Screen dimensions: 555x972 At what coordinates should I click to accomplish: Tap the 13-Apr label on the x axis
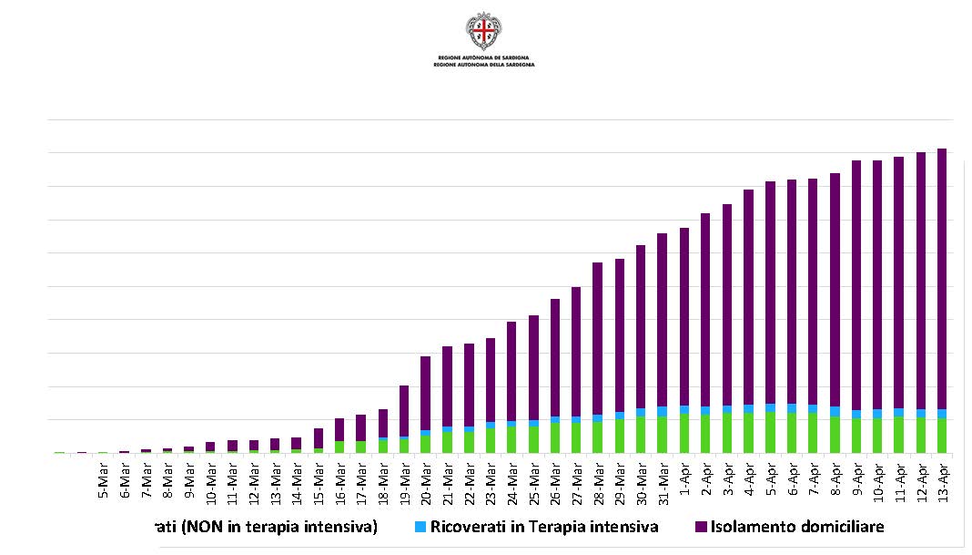942,478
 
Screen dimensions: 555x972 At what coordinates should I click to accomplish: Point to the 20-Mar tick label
425,478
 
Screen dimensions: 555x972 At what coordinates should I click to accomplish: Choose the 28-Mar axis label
598,478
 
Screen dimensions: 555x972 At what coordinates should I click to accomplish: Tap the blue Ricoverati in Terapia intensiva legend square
420,527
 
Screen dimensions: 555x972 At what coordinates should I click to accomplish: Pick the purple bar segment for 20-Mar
425,393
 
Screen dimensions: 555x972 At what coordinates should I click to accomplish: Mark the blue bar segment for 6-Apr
792,408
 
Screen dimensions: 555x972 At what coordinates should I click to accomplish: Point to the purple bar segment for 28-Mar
598,338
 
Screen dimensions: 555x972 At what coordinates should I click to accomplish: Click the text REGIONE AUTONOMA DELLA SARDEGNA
483,66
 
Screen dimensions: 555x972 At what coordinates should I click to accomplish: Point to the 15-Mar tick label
318,478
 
